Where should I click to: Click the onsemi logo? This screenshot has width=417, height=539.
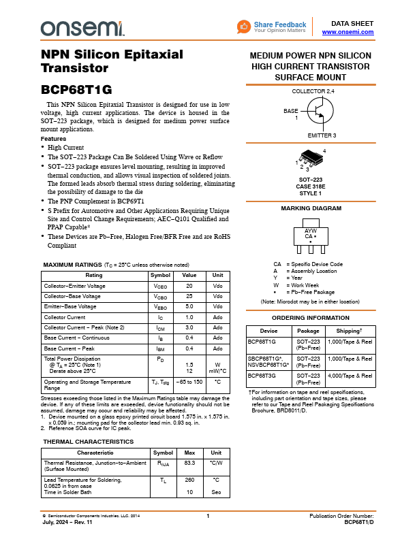82,28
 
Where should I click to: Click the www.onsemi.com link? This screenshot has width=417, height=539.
347,32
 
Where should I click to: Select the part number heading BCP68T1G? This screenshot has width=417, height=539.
76,89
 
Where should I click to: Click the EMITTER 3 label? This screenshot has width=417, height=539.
322,135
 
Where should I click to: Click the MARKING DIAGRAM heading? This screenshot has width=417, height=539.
310,208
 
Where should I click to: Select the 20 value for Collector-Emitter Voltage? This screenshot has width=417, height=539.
189,287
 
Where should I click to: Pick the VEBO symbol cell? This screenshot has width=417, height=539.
161,307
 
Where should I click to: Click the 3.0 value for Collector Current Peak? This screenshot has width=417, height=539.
189,327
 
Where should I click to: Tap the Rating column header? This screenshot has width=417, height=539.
94,276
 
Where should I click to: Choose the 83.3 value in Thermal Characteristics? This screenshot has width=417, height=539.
190,463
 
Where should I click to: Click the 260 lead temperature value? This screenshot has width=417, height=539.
190,479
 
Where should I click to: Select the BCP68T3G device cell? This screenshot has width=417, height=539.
262,375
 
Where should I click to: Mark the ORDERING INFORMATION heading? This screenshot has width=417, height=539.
310,318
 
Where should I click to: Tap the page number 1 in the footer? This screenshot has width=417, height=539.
208,517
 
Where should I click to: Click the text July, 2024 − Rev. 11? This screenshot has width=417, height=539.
67,522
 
